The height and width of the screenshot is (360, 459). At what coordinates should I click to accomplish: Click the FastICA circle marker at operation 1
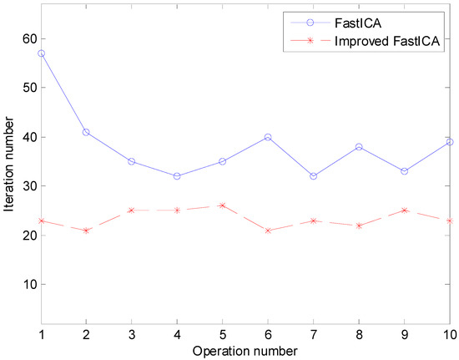pos(41,53)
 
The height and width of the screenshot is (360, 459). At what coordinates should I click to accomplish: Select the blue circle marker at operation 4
pos(177,176)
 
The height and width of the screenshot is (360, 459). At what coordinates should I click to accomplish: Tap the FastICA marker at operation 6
pos(268,137)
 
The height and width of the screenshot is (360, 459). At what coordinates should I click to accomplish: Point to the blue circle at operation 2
pos(86,132)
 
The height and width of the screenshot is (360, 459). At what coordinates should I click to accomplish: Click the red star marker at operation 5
pos(223,205)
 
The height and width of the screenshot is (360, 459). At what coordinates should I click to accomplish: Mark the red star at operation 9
pos(405,210)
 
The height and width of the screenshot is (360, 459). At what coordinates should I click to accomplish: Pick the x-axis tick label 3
pos(132,334)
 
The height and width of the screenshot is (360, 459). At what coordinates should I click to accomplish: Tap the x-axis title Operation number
pos(245,349)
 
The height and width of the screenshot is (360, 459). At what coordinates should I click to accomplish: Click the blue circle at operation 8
pos(359,147)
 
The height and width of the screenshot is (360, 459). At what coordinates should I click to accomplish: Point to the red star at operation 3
pos(132,210)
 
